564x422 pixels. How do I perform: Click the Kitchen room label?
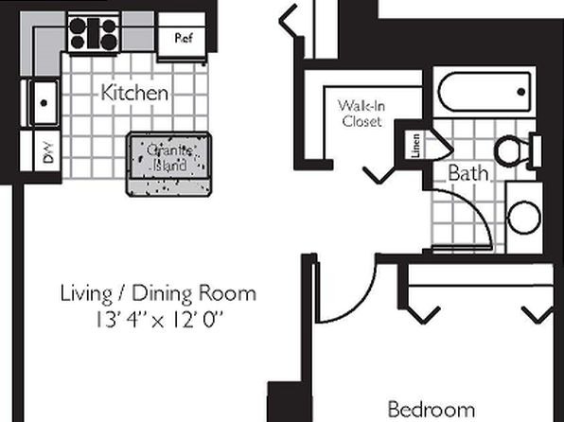click(x=134, y=93)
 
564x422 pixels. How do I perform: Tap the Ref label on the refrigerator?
click(x=184, y=38)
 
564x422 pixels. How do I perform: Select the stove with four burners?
click(x=94, y=33)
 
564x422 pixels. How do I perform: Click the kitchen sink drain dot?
click(x=44, y=103)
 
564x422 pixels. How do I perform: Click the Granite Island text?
click(x=168, y=158)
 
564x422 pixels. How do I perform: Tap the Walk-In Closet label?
click(x=361, y=113)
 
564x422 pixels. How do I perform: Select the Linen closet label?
click(x=415, y=146)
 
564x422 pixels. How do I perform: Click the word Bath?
click(x=468, y=173)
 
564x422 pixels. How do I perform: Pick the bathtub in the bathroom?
click(x=485, y=92)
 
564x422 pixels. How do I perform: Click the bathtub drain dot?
click(x=520, y=92)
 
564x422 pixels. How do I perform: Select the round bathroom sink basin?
click(x=523, y=218)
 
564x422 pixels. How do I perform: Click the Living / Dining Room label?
click(x=158, y=293)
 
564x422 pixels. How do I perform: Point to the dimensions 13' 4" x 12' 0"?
click(x=159, y=320)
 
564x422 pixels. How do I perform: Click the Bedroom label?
click(x=432, y=409)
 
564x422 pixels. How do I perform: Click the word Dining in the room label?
click(x=163, y=294)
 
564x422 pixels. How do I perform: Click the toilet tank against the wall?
click(x=537, y=151)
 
